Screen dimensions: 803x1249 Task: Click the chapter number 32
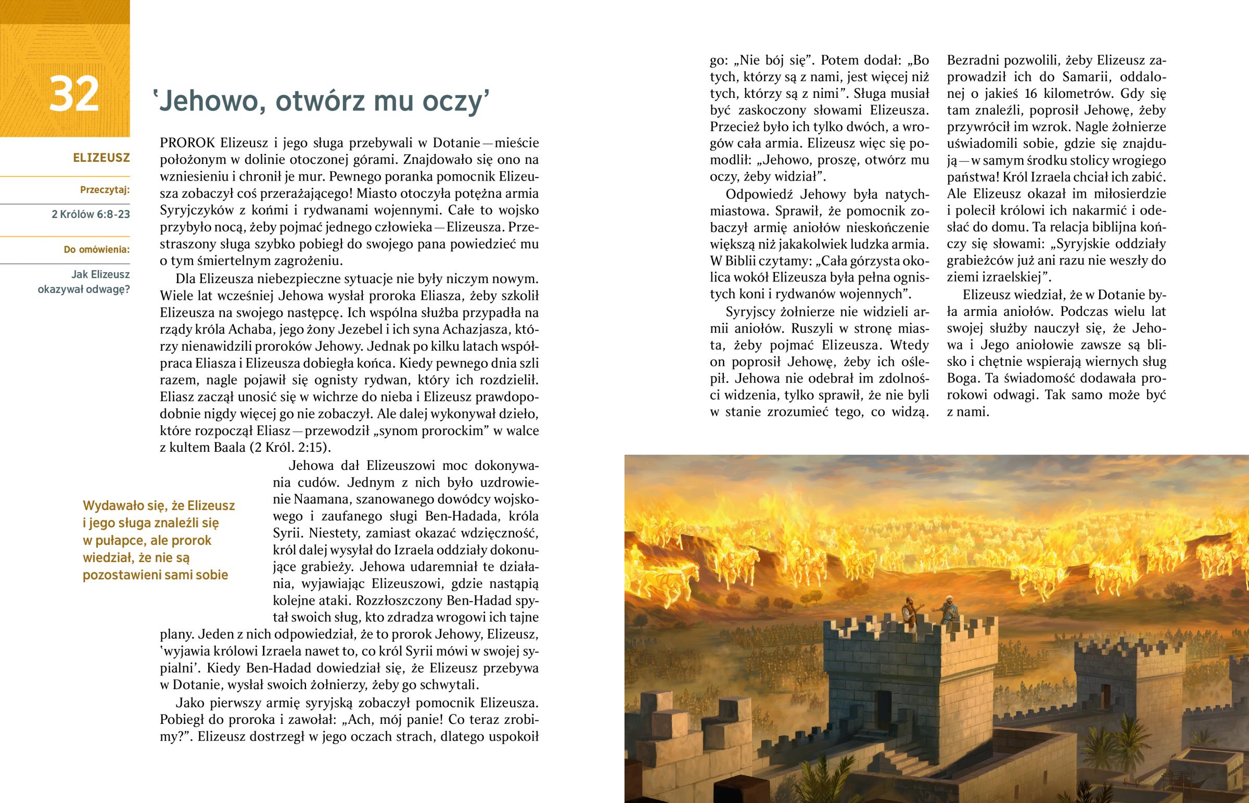(x=73, y=94)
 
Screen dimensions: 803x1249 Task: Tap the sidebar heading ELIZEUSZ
(x=101, y=158)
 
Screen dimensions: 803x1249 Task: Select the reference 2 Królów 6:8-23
(x=91, y=214)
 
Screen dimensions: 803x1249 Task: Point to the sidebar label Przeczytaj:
(x=105, y=190)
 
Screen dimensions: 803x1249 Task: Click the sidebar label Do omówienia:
(x=96, y=249)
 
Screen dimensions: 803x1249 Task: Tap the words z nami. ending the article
(x=968, y=412)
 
